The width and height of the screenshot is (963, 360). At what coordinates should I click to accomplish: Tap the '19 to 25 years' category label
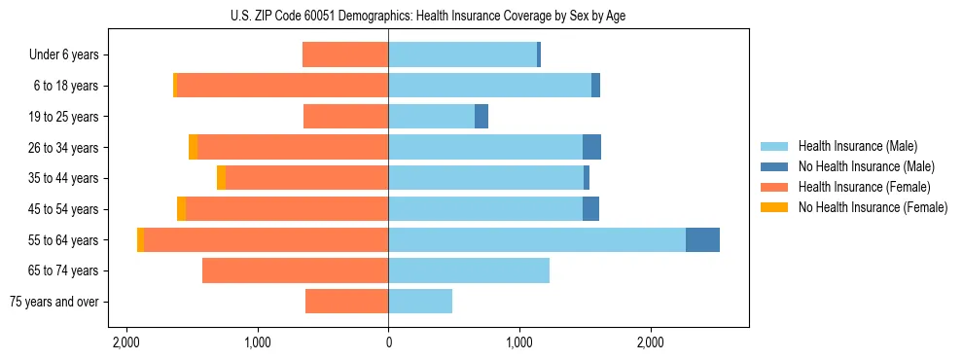point(61,117)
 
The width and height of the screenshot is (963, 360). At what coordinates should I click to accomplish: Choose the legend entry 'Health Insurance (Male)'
point(857,146)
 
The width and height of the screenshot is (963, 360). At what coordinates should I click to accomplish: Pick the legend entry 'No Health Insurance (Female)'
point(873,207)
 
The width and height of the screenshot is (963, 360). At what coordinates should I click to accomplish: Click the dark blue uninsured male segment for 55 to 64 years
point(702,239)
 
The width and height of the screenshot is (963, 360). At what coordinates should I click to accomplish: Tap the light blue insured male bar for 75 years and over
point(420,302)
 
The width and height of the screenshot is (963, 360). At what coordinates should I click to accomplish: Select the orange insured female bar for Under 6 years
point(345,54)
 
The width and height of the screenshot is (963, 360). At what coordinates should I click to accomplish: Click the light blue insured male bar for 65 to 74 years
point(469,270)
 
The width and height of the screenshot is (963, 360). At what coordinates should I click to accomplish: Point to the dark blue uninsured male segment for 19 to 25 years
point(481,117)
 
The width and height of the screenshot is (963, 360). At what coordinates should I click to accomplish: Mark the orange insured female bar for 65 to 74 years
point(295,270)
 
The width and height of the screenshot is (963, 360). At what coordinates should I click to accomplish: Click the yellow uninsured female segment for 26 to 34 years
point(193,147)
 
